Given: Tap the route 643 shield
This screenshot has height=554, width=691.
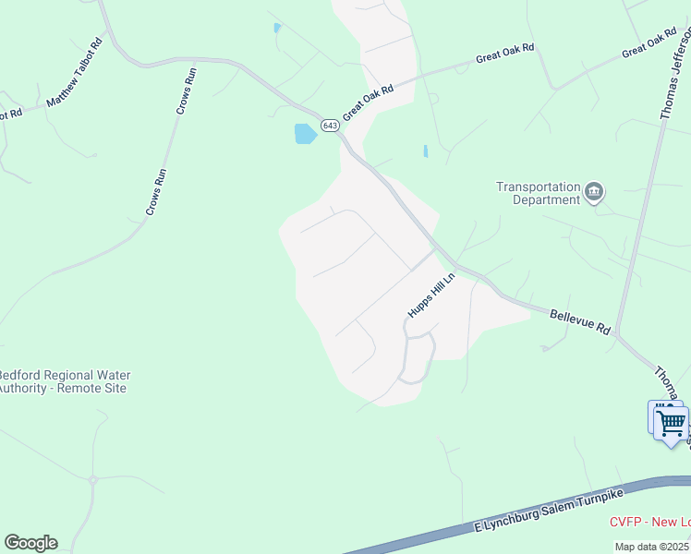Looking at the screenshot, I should (330, 125).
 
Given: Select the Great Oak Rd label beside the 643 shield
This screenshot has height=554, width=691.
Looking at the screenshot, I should (369, 102).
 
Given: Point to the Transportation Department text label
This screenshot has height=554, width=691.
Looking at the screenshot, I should (538, 192).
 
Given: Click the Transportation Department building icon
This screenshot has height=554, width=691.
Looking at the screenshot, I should (594, 192).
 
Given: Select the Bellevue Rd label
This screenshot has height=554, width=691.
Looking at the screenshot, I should (580, 321).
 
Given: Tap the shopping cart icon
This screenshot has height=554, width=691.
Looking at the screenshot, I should (671, 424).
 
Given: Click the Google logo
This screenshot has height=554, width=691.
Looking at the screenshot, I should (30, 543).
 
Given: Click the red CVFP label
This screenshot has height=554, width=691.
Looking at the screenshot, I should (649, 522).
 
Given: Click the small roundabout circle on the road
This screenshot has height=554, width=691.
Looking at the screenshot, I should (92, 479).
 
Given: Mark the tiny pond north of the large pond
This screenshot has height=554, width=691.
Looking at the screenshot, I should (277, 28).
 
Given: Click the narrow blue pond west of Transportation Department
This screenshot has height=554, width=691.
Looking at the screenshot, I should (425, 151).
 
